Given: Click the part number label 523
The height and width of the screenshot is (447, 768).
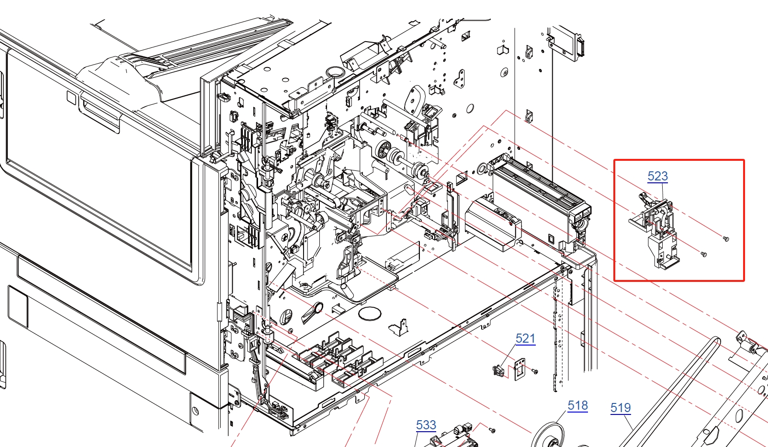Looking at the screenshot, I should (x=657, y=176).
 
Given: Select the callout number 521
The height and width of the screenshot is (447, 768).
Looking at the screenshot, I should (x=525, y=338).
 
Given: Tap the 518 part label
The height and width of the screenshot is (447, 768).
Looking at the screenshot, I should (x=577, y=405).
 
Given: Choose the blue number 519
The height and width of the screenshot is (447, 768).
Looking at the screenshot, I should (x=621, y=408).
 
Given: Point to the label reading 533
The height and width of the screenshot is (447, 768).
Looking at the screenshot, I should (x=426, y=425).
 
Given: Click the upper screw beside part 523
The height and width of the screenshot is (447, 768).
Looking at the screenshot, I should (x=726, y=238).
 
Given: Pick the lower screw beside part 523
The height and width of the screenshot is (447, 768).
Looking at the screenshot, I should (x=703, y=254).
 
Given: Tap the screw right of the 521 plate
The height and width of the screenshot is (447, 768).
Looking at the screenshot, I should (x=535, y=371).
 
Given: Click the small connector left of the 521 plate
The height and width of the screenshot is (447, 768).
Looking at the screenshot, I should (x=498, y=370).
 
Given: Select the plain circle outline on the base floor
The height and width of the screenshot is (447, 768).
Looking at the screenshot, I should (x=370, y=314).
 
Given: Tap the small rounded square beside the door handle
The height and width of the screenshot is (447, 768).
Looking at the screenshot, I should (x=72, y=98).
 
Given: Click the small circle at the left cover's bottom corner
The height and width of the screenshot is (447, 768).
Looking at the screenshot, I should (x=195, y=410).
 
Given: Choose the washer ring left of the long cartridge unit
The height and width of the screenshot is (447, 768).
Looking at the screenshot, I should (x=482, y=168).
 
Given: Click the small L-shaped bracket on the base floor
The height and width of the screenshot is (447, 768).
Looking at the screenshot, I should (x=400, y=327).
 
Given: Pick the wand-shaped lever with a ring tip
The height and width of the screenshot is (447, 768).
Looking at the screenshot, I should (x=313, y=312).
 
